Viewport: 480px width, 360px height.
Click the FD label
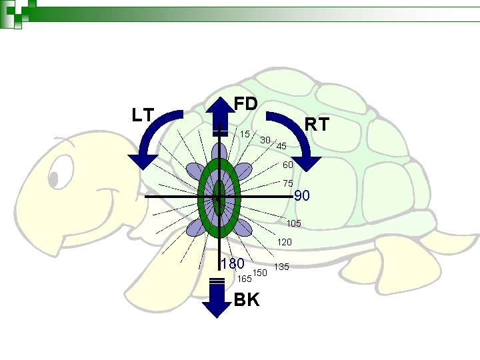[x=246, y=104]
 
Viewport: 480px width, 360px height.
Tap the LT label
[x=143, y=115]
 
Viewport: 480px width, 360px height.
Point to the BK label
[x=247, y=300]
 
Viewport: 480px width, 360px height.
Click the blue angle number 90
[x=302, y=196]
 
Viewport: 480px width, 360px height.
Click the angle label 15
[x=245, y=134]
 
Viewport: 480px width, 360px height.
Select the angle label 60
[x=288, y=165]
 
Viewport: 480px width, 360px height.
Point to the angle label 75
[x=288, y=183]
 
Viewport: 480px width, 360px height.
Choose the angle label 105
[x=293, y=223]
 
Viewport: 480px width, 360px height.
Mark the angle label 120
[x=285, y=242]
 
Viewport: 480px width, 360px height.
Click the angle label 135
[x=281, y=267]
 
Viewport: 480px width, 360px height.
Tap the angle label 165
[x=244, y=279]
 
